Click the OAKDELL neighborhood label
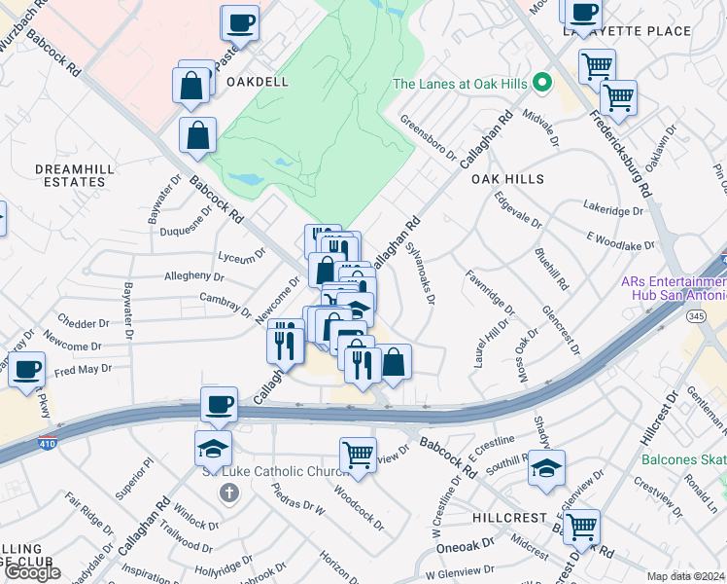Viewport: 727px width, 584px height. click(x=258, y=82)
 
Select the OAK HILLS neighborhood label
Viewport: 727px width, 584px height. click(x=507, y=180)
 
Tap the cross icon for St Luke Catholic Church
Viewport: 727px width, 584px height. click(x=229, y=493)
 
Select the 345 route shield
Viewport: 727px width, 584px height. click(x=668, y=316)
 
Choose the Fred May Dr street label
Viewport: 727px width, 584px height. click(x=83, y=370)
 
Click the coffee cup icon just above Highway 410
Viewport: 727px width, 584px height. click(x=219, y=404)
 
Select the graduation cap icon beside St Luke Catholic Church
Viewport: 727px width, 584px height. click(x=214, y=448)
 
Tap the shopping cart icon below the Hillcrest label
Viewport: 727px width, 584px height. click(x=581, y=527)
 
